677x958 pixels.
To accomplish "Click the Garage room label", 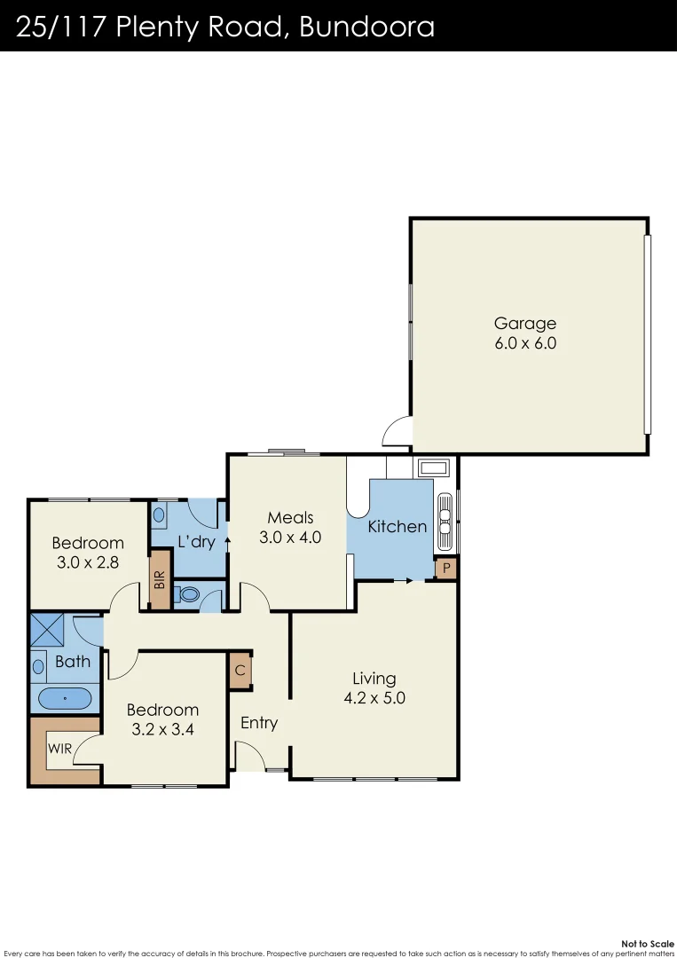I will (525, 324).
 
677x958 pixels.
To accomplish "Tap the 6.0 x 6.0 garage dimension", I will (525, 343).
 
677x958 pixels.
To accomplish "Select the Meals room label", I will (290, 518).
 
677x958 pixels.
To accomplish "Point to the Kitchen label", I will (398, 526).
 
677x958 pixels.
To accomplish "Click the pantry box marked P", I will (445, 569).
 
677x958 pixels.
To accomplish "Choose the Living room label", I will (374, 679).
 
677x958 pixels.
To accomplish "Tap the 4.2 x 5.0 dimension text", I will (374, 698).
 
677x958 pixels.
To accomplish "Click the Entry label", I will (259, 723).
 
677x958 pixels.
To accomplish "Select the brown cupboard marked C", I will (240, 671).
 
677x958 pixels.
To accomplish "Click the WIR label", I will (59, 749).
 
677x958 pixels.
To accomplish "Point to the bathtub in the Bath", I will (65, 699).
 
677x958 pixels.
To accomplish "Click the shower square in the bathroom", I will (50, 630).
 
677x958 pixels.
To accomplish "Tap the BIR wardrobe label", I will (160, 580).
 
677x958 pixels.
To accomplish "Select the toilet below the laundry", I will (187, 593).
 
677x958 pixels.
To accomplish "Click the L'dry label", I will (196, 541).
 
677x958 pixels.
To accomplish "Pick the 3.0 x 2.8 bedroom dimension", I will (87, 561).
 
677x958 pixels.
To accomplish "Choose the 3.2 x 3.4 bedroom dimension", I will (162, 730).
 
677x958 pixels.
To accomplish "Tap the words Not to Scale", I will (649, 944).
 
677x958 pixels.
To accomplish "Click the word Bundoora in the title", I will (366, 27).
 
